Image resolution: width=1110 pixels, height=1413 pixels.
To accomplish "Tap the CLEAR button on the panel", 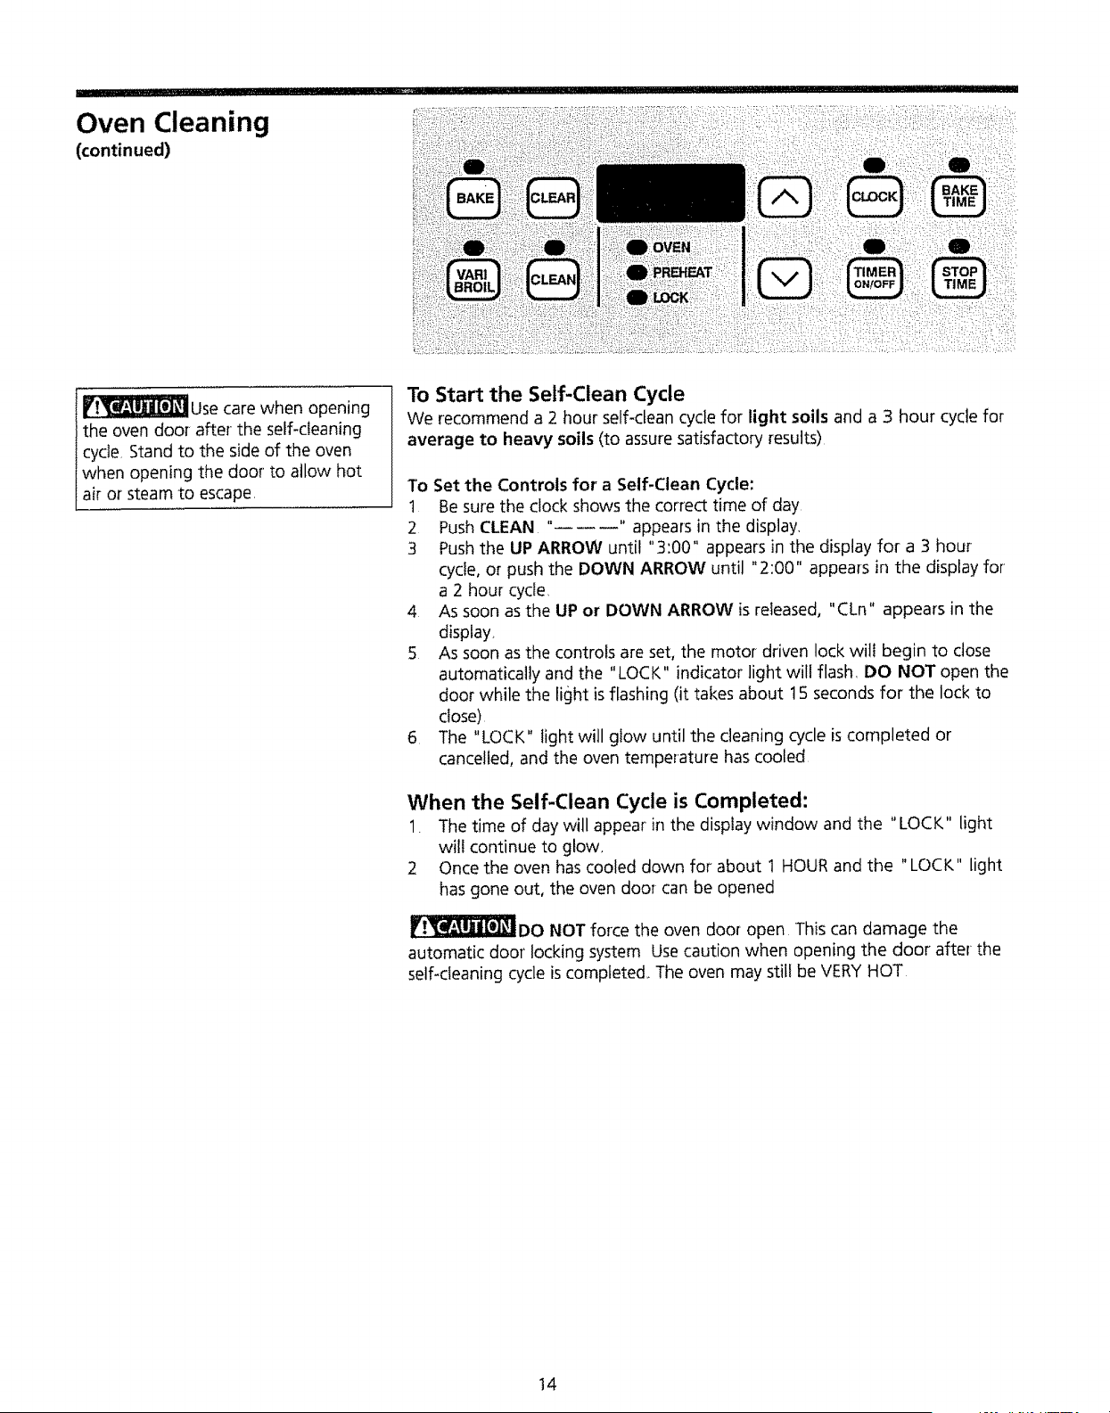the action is (x=552, y=198).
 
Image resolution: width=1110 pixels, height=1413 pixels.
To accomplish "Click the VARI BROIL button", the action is (x=473, y=280).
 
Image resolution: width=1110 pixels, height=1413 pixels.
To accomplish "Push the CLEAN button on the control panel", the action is (x=552, y=280).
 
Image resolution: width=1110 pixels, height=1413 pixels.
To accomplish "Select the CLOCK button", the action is (x=875, y=196).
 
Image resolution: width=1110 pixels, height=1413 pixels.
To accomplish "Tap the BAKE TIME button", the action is (x=959, y=196).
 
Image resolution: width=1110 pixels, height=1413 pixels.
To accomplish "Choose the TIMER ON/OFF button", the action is (x=875, y=278).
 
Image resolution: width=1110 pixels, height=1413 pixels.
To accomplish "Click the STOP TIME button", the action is (x=959, y=278).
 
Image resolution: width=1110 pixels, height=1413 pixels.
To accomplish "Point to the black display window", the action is (x=670, y=193).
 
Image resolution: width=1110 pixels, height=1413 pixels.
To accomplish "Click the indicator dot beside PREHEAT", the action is (x=637, y=273).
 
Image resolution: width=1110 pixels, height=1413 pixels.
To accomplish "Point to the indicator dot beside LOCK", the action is (x=637, y=298).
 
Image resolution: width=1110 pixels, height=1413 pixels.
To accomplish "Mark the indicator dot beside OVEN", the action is (x=637, y=247).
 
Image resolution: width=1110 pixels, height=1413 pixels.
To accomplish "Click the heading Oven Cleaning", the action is (x=172, y=123).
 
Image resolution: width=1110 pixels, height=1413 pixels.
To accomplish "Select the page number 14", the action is (x=547, y=1384).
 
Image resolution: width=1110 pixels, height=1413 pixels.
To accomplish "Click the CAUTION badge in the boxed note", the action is (x=136, y=407).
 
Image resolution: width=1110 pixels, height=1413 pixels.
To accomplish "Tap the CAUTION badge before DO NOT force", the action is (x=463, y=926).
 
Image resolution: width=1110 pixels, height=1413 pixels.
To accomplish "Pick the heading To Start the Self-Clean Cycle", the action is (x=546, y=394).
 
